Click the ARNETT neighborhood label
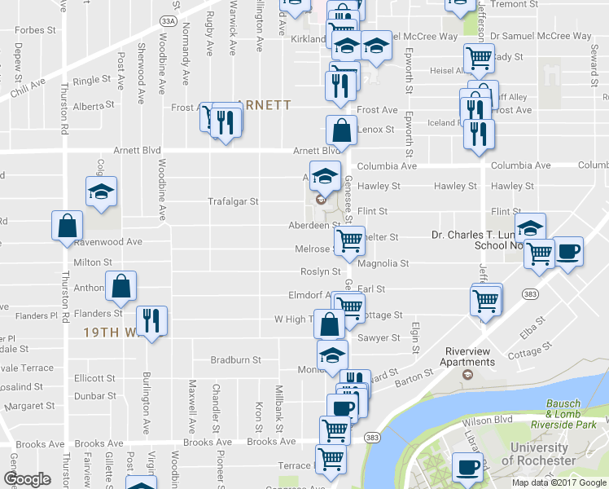pyautogui.click(x=265, y=105)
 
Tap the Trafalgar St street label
pyautogui.click(x=233, y=201)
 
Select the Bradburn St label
pyautogui.click(x=235, y=359)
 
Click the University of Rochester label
pyautogui.click(x=539, y=454)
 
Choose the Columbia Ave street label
pyautogui.click(x=386, y=165)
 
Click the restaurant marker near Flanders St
pyautogui.click(x=151, y=320)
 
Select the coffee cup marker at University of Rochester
pyautogui.click(x=467, y=467)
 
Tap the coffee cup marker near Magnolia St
pyautogui.click(x=567, y=251)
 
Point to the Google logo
pyautogui.click(x=28, y=479)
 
